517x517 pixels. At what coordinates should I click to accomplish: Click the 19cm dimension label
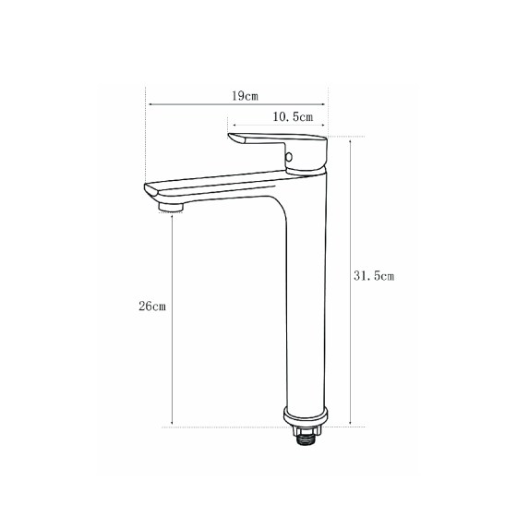pos(245,96)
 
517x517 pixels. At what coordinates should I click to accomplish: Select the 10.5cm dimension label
pos(293,116)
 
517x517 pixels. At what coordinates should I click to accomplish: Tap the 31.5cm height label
pos(374,276)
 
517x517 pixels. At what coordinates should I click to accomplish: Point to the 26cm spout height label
pos(152,307)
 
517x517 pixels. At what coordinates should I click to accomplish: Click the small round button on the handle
pos(289,157)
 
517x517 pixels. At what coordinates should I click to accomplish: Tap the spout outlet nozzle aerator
pos(171,207)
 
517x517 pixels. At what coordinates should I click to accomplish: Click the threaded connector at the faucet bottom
pos(306,439)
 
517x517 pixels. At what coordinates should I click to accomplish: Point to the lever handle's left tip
pos(229,135)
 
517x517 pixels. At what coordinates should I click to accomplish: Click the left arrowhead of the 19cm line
pos(150,104)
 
